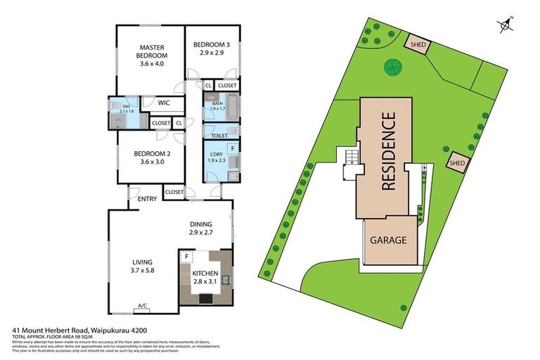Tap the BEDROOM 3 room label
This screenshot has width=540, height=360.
click(212, 46)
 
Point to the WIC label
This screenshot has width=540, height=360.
click(164, 103)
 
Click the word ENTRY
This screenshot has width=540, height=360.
click(148, 199)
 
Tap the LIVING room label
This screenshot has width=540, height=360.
click(143, 263)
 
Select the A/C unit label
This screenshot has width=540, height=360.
click(143, 306)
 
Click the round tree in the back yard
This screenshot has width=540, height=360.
click(392, 67)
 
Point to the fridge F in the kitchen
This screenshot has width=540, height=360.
click(186, 257)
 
